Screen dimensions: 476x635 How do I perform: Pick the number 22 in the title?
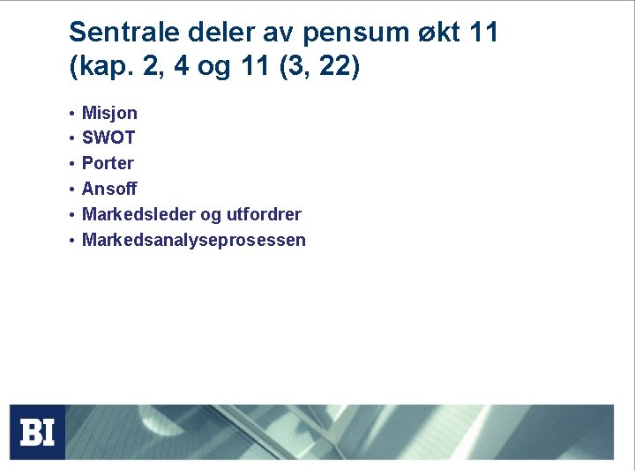click(x=332, y=67)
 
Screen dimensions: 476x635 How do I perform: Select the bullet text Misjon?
click(x=109, y=113)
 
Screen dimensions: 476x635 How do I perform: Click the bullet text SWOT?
click(x=108, y=138)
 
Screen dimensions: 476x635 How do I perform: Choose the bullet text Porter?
click(x=108, y=163)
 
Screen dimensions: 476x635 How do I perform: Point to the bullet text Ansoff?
click(x=109, y=189)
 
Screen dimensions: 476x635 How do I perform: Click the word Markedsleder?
click(x=137, y=214)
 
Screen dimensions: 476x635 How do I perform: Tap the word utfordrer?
click(x=264, y=214)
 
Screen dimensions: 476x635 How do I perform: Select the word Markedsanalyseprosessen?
click(x=194, y=240)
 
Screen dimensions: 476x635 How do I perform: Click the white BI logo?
click(x=37, y=433)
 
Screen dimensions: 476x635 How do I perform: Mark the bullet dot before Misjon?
click(x=71, y=114)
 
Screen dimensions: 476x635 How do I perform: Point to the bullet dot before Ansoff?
click(x=71, y=190)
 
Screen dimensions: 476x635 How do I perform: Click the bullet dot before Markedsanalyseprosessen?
click(x=71, y=241)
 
